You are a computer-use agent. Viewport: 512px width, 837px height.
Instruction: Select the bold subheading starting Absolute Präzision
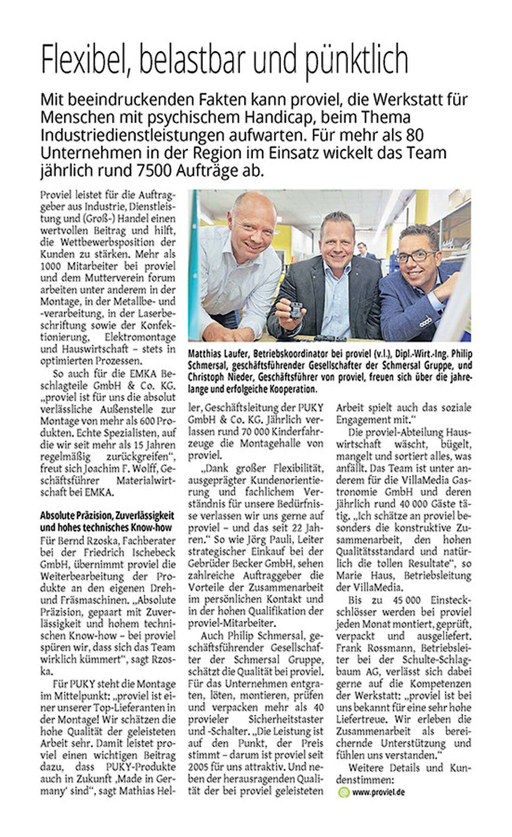pyautogui.click(x=107, y=521)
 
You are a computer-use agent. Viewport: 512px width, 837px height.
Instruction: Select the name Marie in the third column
pyautogui.click(x=347, y=576)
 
